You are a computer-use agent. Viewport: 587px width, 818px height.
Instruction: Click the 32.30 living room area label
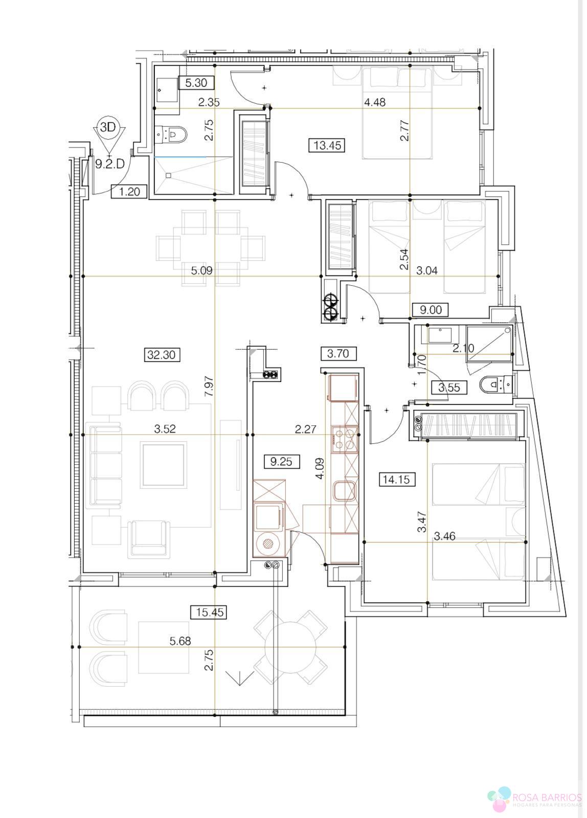(x=162, y=354)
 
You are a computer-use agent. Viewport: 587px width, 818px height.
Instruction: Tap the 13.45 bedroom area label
(x=327, y=145)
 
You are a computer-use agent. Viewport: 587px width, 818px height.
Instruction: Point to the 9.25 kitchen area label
(x=281, y=462)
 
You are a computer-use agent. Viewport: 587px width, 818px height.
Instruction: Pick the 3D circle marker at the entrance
(x=107, y=127)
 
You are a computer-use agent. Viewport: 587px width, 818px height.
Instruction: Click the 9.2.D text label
(x=110, y=164)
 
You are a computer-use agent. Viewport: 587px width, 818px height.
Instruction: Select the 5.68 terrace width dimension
(x=180, y=641)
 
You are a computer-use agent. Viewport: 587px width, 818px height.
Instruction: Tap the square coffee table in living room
(x=164, y=465)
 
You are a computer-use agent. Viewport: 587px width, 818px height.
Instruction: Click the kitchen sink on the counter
(x=345, y=491)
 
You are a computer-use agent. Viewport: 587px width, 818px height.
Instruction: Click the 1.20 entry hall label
(x=129, y=192)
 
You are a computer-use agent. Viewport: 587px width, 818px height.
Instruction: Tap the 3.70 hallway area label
(x=338, y=353)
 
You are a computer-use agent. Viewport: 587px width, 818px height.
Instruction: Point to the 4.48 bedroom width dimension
(x=374, y=102)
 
